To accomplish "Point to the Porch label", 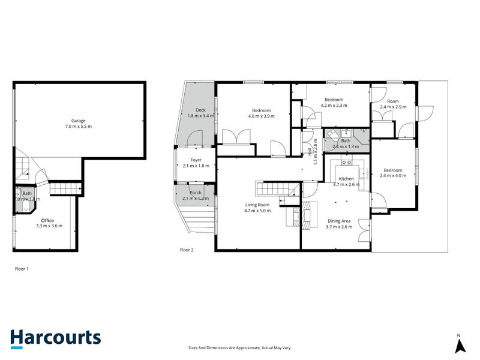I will coord(196,193).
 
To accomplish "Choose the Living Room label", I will coord(257,205).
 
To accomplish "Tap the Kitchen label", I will coord(346,179).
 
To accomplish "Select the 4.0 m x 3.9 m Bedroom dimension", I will coord(261,116).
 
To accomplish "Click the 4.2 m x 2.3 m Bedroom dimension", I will coord(334,106).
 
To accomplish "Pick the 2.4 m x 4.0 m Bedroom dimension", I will coord(393,176).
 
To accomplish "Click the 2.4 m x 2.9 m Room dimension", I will coord(393,107).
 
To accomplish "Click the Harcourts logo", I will coord(55,338).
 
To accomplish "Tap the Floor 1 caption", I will coord(22,269).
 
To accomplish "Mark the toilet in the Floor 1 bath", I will coord(25,205).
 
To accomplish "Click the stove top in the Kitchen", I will coord(346,161).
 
